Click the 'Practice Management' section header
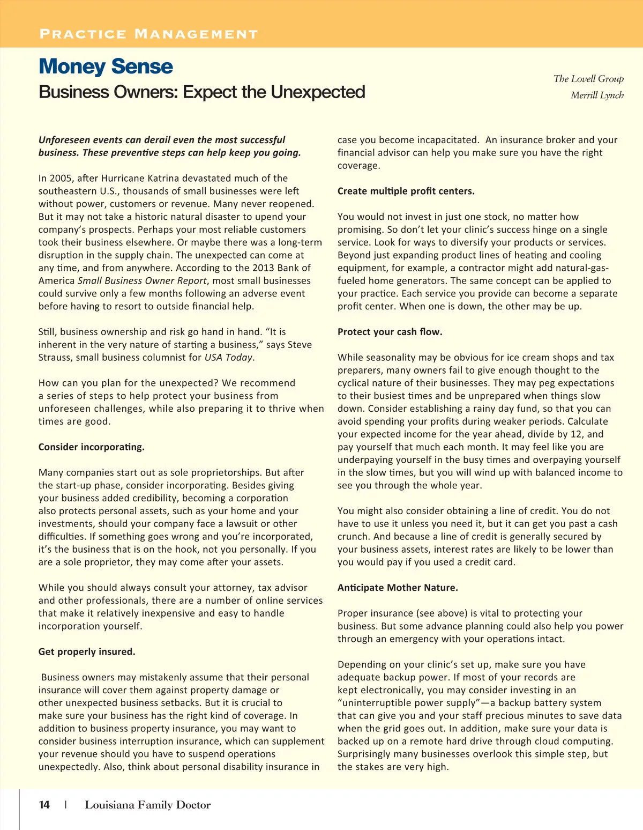(x=148, y=34)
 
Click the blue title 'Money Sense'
(x=106, y=66)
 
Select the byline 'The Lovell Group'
(x=588, y=79)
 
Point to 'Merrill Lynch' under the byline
(x=597, y=95)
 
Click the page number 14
(x=44, y=805)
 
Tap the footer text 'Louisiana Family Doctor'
(x=147, y=805)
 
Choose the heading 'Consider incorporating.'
(x=92, y=447)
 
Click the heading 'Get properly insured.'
(x=87, y=652)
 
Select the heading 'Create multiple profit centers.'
(x=406, y=191)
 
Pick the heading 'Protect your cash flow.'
(x=390, y=332)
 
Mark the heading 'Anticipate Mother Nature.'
(x=398, y=588)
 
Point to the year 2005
(x=61, y=179)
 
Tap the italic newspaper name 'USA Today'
(x=228, y=358)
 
